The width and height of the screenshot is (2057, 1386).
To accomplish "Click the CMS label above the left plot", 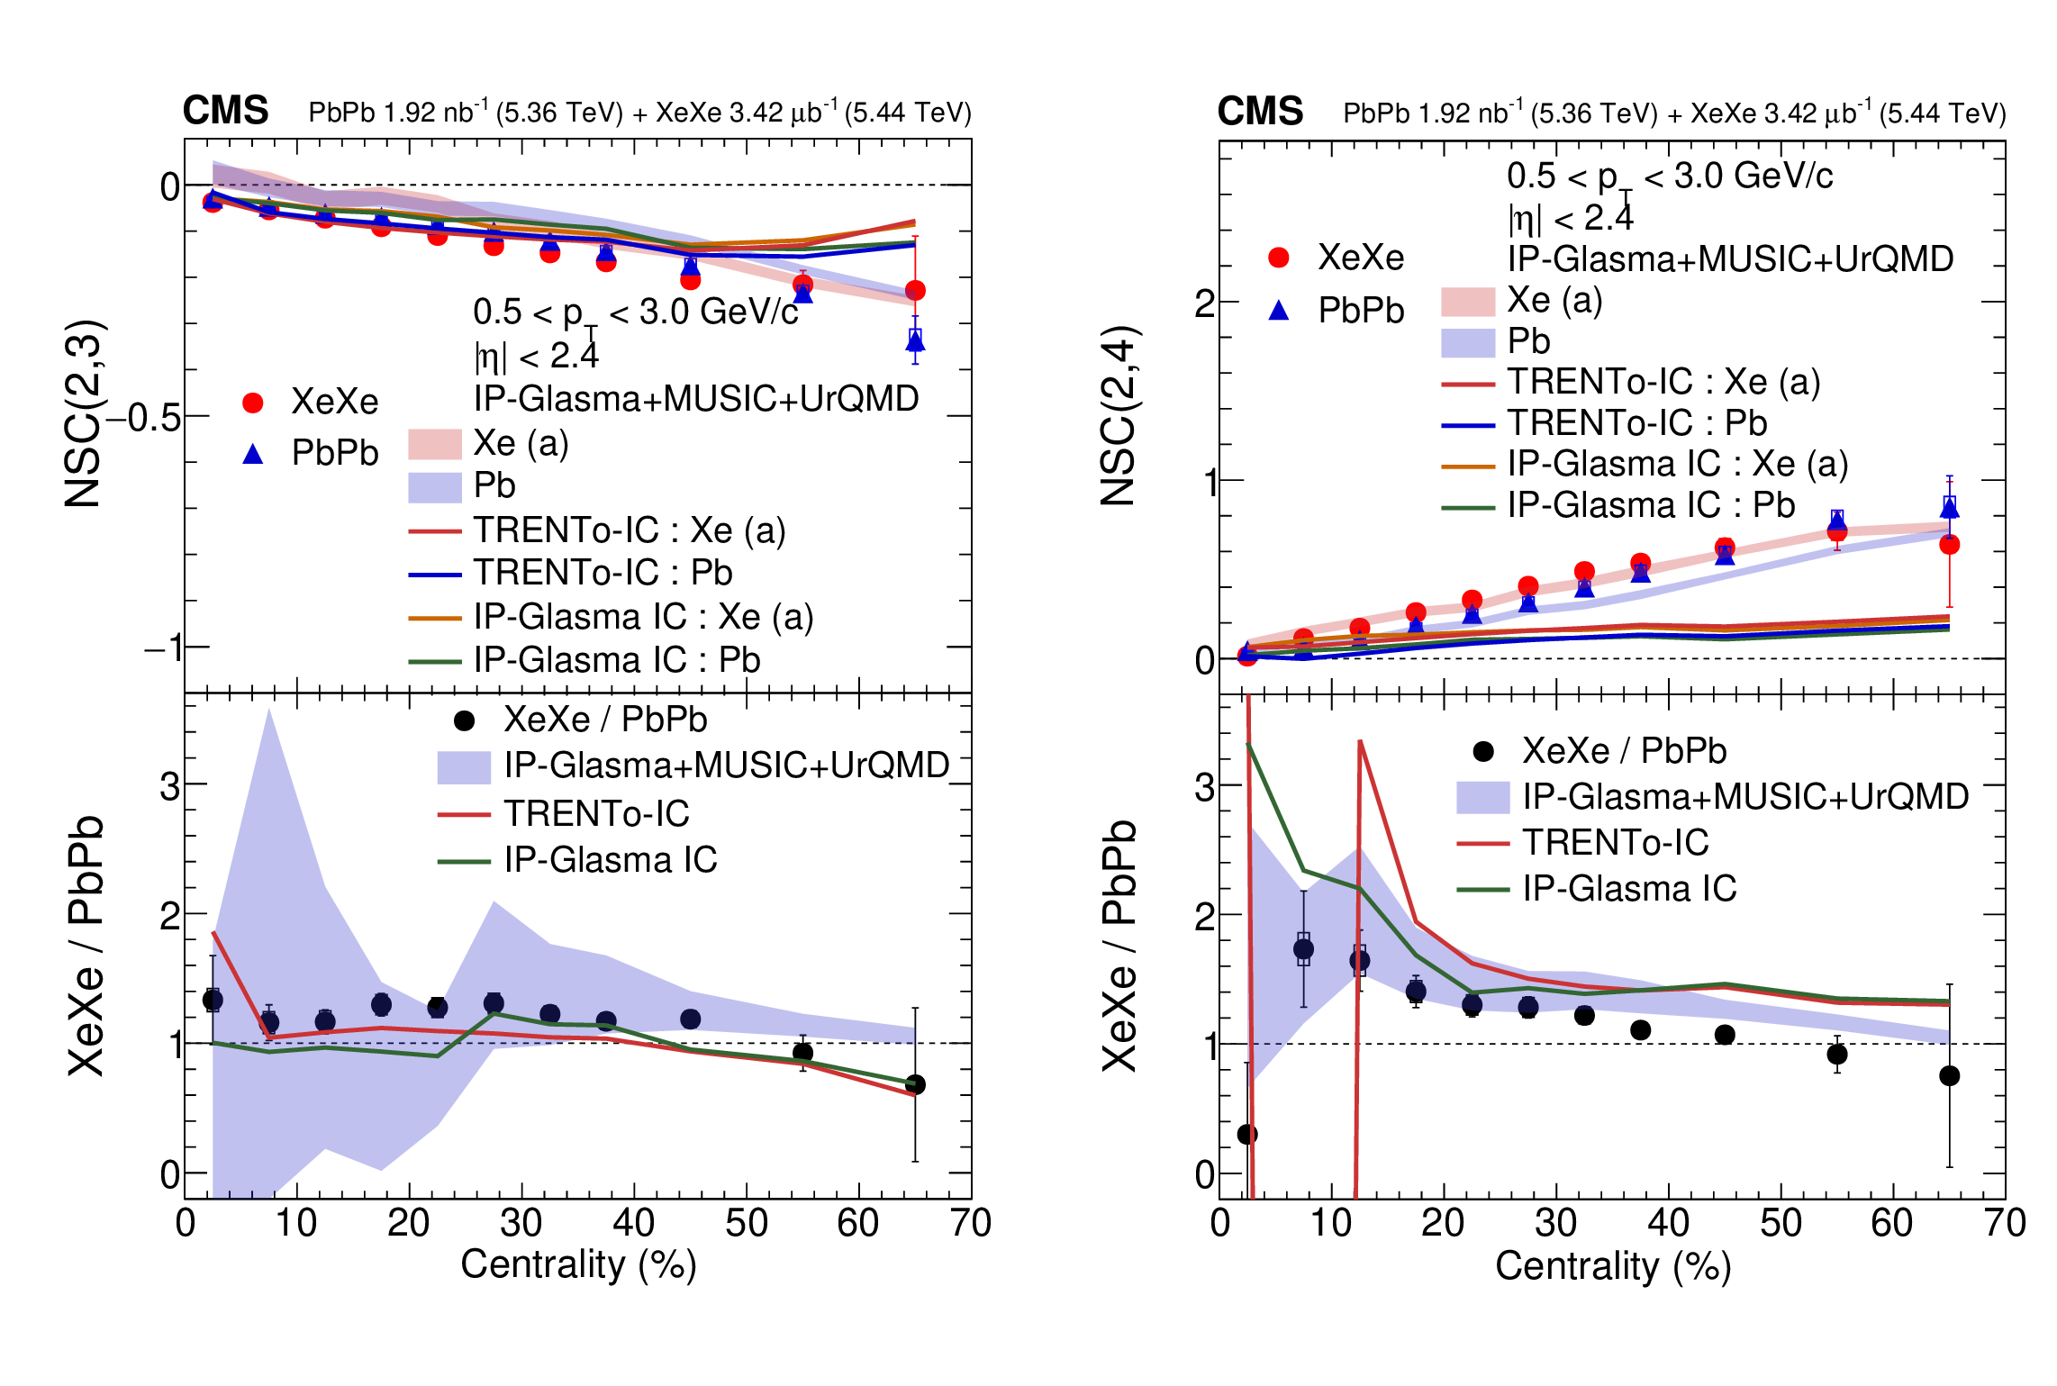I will click(x=225, y=111).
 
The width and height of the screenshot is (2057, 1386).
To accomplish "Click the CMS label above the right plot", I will click(x=1260, y=112).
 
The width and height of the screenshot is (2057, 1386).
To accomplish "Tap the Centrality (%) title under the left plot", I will click(x=578, y=1265).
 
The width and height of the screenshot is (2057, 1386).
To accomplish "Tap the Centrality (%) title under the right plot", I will click(x=1613, y=1266).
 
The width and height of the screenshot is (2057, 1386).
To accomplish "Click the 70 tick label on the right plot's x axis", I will click(x=2005, y=1223).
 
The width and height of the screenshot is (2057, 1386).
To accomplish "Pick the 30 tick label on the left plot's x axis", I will click(x=521, y=1223).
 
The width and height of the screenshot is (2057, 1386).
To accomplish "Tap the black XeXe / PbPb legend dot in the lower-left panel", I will click(x=464, y=720).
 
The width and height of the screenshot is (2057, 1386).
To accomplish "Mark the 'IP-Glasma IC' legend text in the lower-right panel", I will click(x=1629, y=889).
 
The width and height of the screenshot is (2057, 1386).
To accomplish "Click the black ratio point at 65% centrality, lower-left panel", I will click(x=915, y=1084).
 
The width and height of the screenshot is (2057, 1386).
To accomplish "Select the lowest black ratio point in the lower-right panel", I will click(x=1247, y=1134).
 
